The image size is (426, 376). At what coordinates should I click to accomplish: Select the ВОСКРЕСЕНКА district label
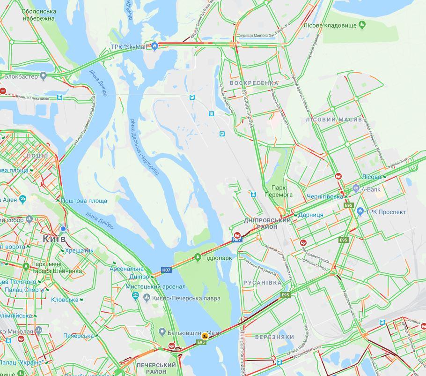click(x=254, y=83)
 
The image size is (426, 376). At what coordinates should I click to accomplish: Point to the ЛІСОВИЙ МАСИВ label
click(x=334, y=120)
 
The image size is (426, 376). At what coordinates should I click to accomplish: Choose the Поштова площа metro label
click(x=84, y=201)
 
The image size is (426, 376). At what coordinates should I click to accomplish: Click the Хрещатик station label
click(x=80, y=250)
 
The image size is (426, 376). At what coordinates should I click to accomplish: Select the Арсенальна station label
click(x=127, y=269)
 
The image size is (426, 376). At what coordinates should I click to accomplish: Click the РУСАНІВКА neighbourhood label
click(x=263, y=283)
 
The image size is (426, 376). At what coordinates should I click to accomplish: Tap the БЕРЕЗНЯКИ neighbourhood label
click(x=275, y=337)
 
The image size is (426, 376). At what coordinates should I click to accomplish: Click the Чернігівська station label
click(x=325, y=196)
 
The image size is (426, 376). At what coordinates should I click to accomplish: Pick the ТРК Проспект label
click(x=385, y=212)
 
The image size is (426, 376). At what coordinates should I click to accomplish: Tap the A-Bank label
click(x=371, y=189)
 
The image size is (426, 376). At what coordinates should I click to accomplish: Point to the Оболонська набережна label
click(x=39, y=15)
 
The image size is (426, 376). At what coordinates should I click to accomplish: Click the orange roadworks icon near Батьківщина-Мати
click(x=205, y=335)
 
